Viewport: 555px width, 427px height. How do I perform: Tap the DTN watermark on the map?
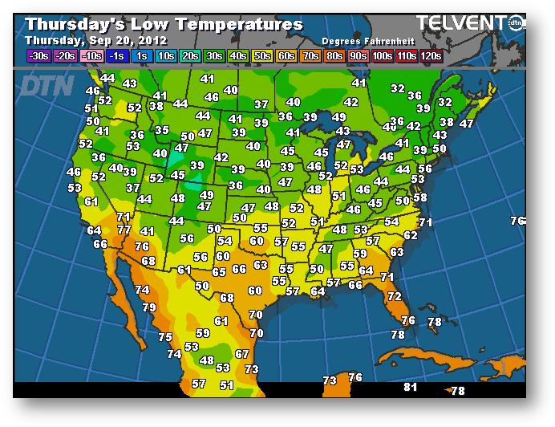tap(46, 85)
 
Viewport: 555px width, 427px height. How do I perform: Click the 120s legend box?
tap(431, 55)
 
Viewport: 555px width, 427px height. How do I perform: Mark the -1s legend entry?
tap(116, 55)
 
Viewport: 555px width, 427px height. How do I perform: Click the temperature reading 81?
tap(411, 388)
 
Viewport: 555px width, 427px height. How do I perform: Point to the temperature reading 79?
tap(149, 307)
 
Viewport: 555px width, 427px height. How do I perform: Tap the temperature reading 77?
tap(124, 230)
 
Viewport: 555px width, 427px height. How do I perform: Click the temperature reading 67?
tap(242, 354)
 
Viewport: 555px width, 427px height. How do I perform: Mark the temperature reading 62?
tap(411, 235)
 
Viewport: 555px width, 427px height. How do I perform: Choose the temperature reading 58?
tap(420, 197)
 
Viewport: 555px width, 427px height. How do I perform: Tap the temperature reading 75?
tap(165, 338)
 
